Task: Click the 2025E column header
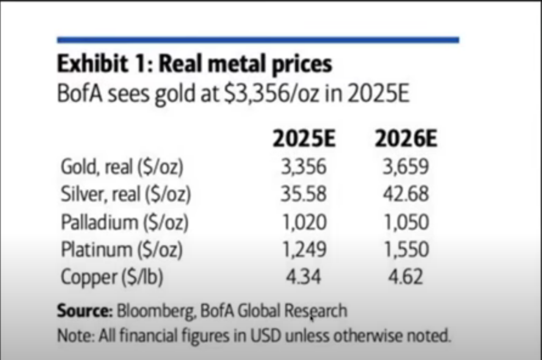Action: coord(304,139)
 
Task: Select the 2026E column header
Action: coord(405,139)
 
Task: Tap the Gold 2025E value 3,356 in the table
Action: coord(304,167)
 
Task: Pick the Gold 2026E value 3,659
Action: coord(406,167)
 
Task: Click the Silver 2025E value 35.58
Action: coord(304,194)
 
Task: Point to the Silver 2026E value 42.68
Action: coord(406,194)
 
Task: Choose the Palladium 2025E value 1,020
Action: coord(304,222)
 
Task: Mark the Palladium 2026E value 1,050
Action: coord(406,222)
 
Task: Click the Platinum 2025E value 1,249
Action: coord(304,249)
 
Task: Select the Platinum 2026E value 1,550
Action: coord(406,249)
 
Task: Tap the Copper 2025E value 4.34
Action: coord(303,277)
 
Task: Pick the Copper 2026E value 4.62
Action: coord(405,277)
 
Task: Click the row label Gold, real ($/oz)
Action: coord(122,167)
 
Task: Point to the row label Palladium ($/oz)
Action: coord(124,222)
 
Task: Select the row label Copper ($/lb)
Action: coord(112,277)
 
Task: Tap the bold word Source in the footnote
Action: coord(83,311)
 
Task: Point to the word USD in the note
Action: coord(266,336)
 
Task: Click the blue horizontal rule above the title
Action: coord(258,40)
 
